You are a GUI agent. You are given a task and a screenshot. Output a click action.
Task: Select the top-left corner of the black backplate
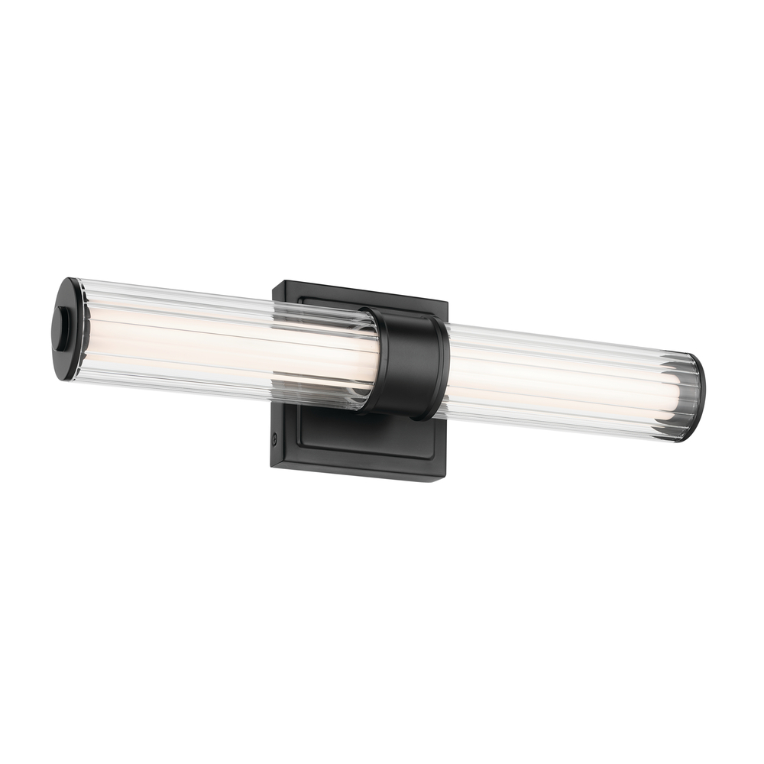(x=276, y=284)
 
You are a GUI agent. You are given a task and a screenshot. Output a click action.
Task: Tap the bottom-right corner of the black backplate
(x=444, y=479)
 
